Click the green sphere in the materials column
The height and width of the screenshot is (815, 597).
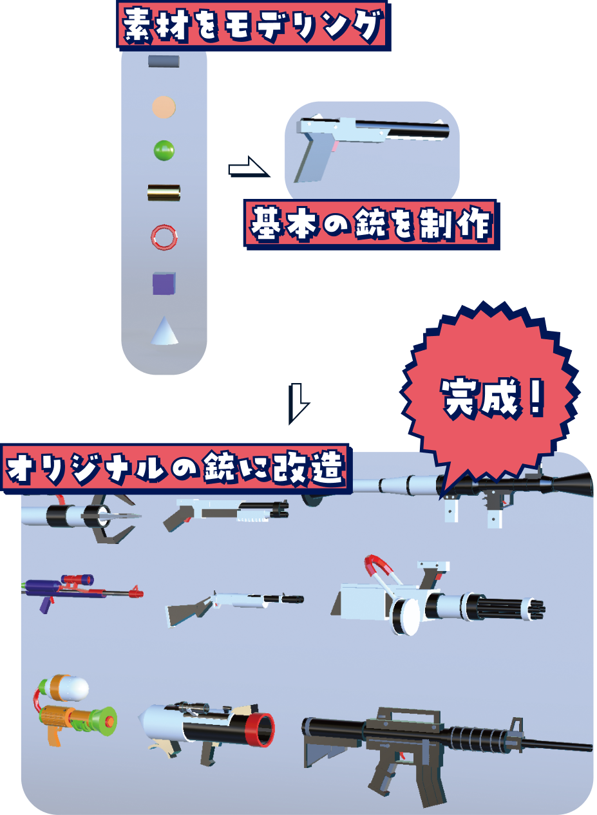pyautogui.click(x=164, y=150)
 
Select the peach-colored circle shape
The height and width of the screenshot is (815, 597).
pyautogui.click(x=164, y=107)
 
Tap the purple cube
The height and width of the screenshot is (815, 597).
pyautogui.click(x=164, y=283)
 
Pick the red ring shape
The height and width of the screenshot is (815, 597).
pyautogui.click(x=164, y=237)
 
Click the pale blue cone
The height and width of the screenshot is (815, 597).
pyautogui.click(x=165, y=331)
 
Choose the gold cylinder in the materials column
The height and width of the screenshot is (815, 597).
pyautogui.click(x=164, y=192)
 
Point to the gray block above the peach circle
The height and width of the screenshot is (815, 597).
pyautogui.click(x=164, y=61)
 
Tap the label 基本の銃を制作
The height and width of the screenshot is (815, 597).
pyautogui.click(x=370, y=224)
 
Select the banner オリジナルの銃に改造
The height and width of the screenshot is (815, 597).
pyautogui.click(x=175, y=468)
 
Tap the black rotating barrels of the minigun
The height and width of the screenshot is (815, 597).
pyautogui.click(x=509, y=608)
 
